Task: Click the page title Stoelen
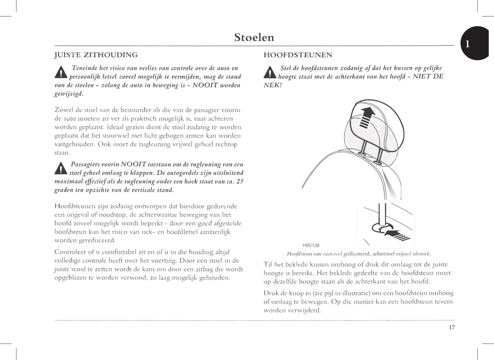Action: [x=254, y=37]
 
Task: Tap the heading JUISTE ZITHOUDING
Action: [x=96, y=55]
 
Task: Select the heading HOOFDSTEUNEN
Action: [x=298, y=55]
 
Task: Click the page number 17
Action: [x=452, y=328]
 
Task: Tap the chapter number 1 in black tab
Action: [x=467, y=44]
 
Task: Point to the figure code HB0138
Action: [x=311, y=245]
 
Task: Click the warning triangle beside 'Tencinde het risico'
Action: [x=61, y=72]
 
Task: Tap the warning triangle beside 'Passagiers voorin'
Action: [x=61, y=169]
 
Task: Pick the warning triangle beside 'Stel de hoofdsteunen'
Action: [x=270, y=72]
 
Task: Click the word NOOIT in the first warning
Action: [x=205, y=85]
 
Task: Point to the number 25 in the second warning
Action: [x=240, y=181]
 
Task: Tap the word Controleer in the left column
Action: [x=70, y=252]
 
